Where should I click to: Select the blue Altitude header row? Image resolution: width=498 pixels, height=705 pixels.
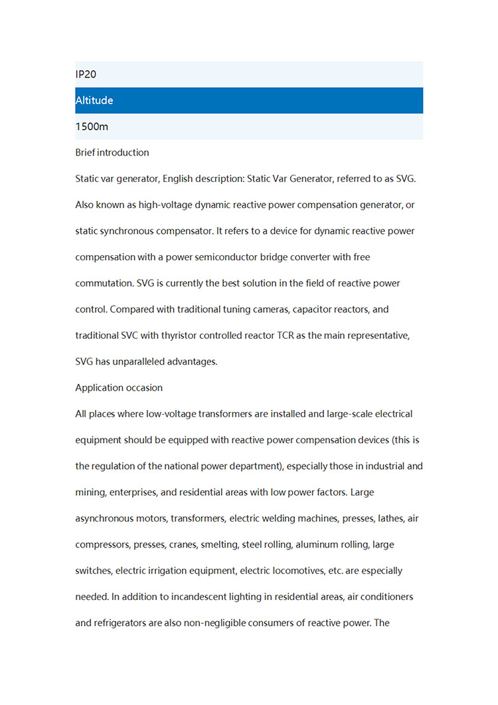coord(249,100)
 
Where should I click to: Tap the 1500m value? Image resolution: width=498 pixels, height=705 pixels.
coord(92,126)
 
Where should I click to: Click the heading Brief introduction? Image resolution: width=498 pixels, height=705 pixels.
coord(112,153)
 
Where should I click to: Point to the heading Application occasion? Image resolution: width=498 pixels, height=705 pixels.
coord(119,387)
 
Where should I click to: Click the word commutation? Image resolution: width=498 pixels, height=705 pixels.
coord(103,283)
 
